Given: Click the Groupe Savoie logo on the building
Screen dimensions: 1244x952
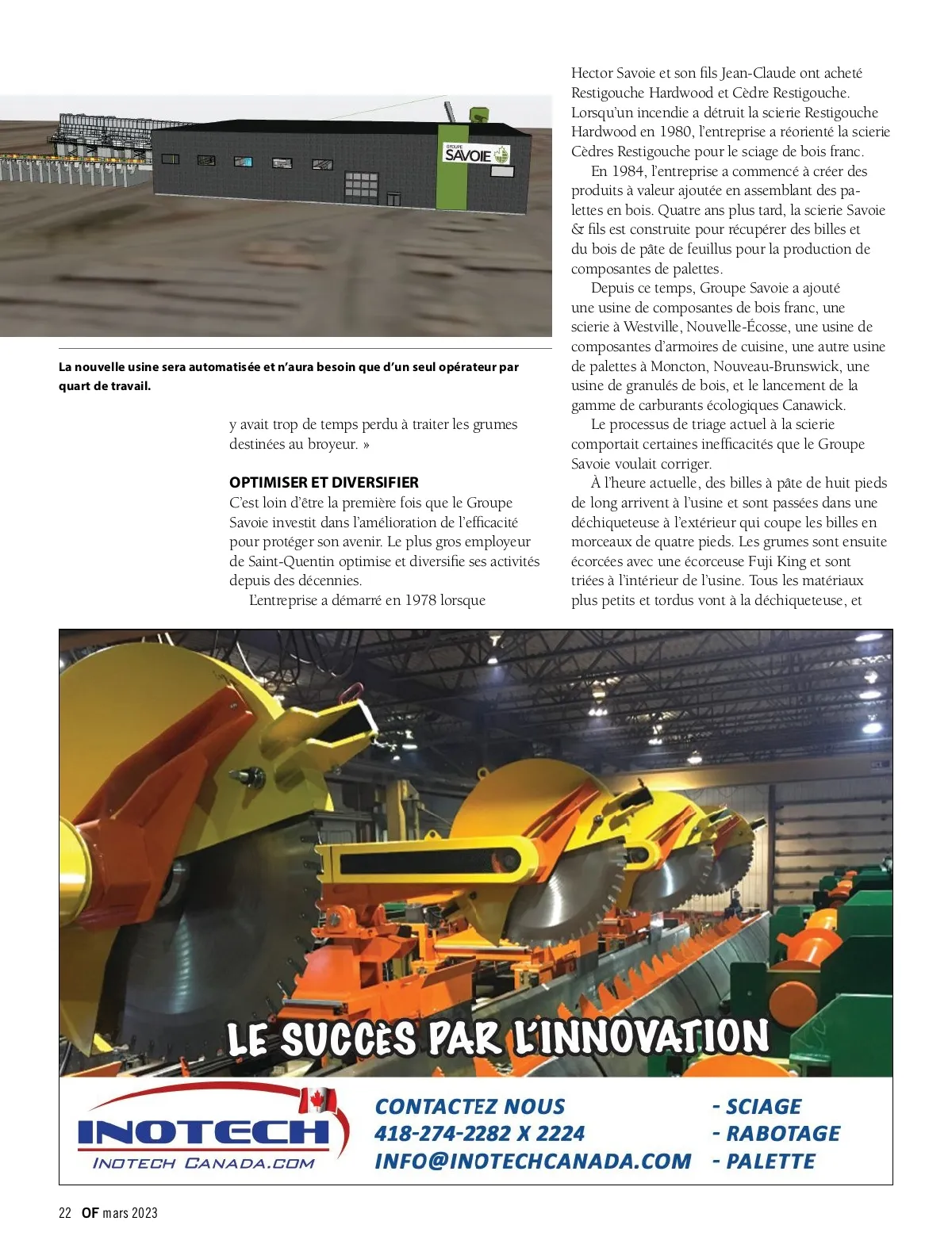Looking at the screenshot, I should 476,154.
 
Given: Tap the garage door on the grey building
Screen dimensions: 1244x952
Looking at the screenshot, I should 360,188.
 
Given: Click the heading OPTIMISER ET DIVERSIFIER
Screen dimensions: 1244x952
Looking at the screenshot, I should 324,482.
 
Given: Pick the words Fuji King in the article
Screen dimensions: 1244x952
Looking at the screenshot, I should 775,561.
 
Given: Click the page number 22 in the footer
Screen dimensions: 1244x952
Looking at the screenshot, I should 65,1213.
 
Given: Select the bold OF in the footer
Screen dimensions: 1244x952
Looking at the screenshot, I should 90,1213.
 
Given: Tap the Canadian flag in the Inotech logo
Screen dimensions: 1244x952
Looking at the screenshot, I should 318,1100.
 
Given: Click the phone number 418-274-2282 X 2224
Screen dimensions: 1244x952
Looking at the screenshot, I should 479,1134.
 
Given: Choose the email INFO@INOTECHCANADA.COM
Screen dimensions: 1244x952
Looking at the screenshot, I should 532,1162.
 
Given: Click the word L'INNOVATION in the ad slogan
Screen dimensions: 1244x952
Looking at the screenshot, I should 641,1035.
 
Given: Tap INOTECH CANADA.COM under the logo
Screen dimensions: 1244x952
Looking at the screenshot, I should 204,1163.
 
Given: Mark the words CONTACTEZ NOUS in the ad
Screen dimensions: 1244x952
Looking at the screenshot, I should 470,1107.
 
